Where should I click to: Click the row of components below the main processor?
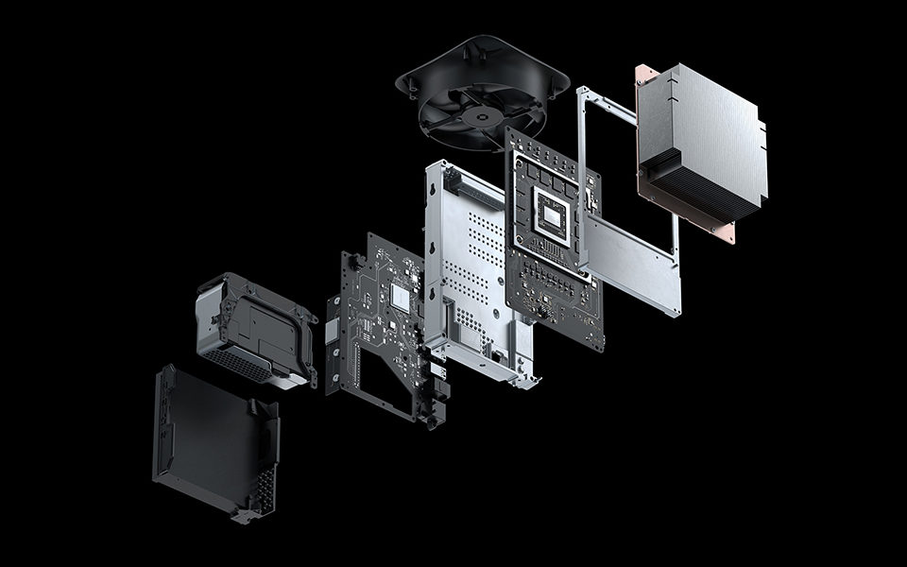click(557, 283)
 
